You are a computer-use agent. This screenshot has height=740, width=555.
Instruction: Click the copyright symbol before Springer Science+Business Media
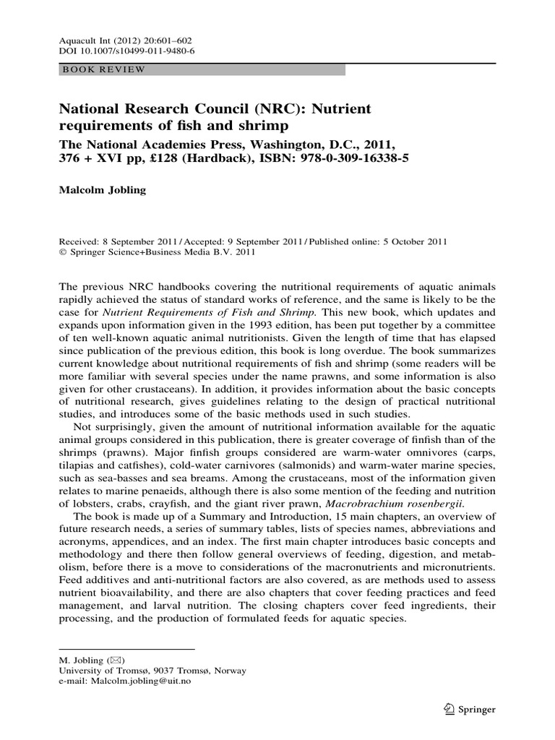62,253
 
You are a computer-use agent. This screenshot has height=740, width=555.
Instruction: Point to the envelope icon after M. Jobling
115,661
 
